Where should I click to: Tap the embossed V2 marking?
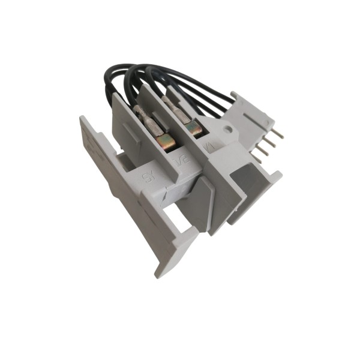click(x=179, y=161)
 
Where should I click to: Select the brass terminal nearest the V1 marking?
click(x=193, y=127)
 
